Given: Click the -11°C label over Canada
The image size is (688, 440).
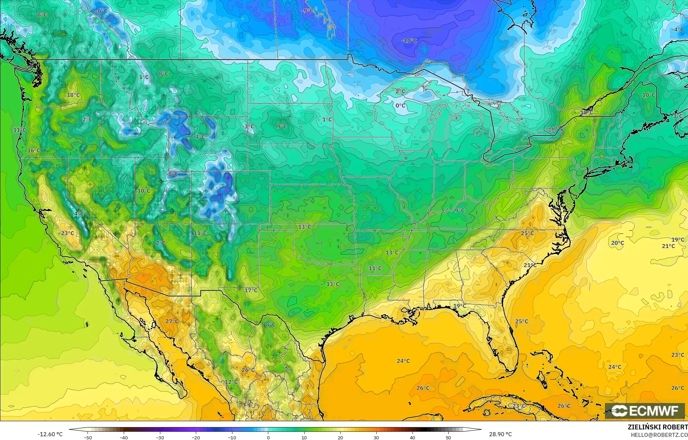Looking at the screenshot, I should click(x=409, y=41).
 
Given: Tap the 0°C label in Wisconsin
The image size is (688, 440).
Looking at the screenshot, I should click(x=401, y=106).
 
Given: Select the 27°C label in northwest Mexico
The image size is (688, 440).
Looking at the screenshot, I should click(x=172, y=321).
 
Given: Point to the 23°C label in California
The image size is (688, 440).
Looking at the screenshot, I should click(x=68, y=233).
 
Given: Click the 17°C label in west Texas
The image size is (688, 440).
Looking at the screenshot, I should click(x=251, y=290).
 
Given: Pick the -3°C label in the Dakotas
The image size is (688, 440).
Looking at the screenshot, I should click(x=248, y=126).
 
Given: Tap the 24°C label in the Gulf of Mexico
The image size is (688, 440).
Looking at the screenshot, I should click(x=403, y=361).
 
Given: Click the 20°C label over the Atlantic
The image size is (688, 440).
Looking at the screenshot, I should click(x=618, y=243).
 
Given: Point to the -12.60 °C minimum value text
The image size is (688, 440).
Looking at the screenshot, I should click(x=50, y=434).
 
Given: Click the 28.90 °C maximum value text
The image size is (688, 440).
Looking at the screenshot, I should click(x=500, y=434).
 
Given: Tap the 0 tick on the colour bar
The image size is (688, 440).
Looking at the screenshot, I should click(x=268, y=437).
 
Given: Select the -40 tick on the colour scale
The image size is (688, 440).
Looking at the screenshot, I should click(x=123, y=437).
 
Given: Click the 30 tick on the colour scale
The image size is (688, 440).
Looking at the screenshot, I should click(x=376, y=437).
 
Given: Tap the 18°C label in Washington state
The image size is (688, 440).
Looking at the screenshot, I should click(x=73, y=95).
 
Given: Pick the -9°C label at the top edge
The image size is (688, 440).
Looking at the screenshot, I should click(x=307, y=11).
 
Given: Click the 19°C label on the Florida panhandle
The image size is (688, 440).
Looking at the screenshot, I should click(x=460, y=306).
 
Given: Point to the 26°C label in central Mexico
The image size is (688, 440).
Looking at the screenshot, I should click(x=248, y=370).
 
